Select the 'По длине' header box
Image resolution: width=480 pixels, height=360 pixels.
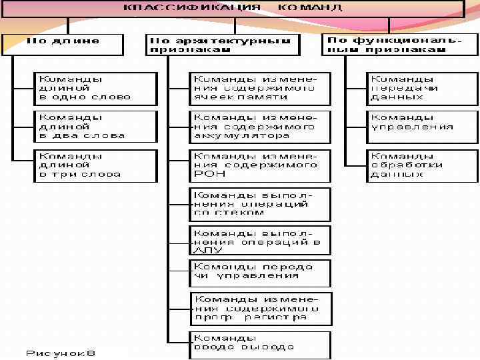(63, 44)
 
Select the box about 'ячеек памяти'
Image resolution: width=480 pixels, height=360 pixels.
(259, 88)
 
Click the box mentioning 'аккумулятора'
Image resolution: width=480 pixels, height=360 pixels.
(259, 126)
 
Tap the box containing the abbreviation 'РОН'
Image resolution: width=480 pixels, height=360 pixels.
(259, 165)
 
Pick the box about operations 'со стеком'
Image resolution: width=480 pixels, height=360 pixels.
(259, 203)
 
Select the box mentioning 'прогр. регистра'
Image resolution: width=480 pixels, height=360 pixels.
(261, 308)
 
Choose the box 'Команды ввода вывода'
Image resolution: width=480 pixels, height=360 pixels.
(259, 344)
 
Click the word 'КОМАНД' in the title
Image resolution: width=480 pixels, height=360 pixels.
(309, 9)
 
